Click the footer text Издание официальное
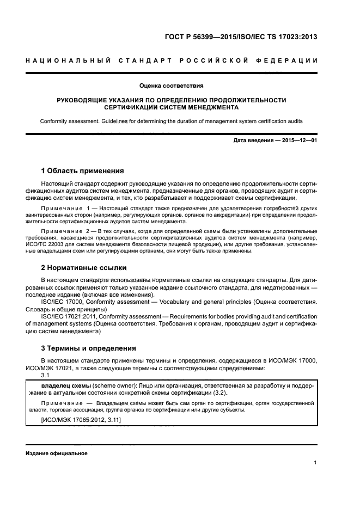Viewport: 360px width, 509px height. (56, 453)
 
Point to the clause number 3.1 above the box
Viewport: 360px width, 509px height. (45, 375)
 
